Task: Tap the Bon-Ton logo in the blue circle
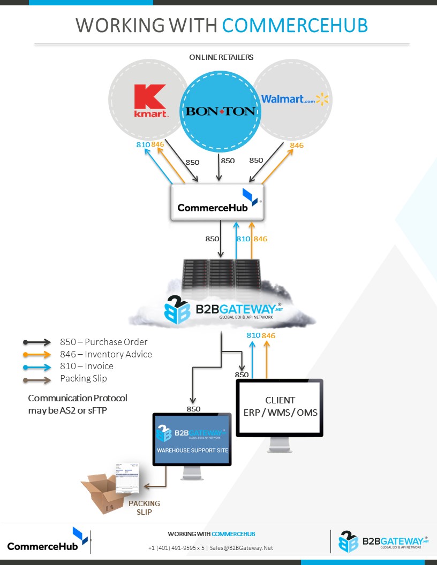(220, 111)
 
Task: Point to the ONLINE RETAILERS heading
(221, 57)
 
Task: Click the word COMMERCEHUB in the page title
(295, 25)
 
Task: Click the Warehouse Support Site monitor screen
(192, 439)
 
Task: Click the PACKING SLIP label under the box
(144, 508)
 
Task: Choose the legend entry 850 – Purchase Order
(103, 342)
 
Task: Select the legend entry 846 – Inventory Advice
(106, 354)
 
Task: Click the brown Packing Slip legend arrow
(36, 378)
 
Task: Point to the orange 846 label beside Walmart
(297, 145)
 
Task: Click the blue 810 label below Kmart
(143, 144)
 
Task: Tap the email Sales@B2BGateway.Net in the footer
(242, 547)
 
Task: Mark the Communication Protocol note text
(78, 404)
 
